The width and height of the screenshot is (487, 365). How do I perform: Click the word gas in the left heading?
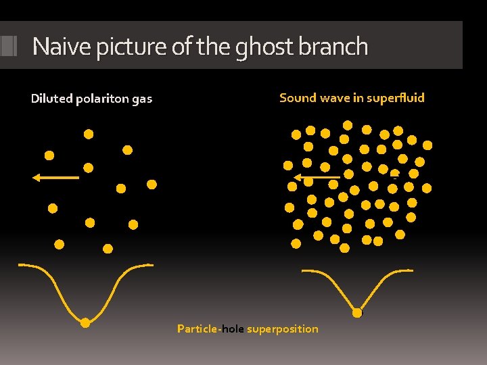click(142, 99)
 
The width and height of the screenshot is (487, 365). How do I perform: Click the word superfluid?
click(395, 97)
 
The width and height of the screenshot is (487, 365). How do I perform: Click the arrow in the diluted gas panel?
click(55, 177)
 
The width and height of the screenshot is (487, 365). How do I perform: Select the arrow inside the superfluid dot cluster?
click(317, 178)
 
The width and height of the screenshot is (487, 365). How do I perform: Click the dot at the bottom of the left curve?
click(85, 323)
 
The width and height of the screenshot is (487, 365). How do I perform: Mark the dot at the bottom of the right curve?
click(356, 312)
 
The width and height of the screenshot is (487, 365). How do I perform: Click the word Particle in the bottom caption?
click(197, 328)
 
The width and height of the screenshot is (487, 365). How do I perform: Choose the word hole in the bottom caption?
click(233, 328)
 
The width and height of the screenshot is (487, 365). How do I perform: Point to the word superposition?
click(283, 328)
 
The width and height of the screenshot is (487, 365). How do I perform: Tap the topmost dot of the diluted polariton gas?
click(89, 134)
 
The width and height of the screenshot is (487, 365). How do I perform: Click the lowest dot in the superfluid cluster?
click(345, 248)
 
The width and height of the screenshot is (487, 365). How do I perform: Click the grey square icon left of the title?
click(9, 45)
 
